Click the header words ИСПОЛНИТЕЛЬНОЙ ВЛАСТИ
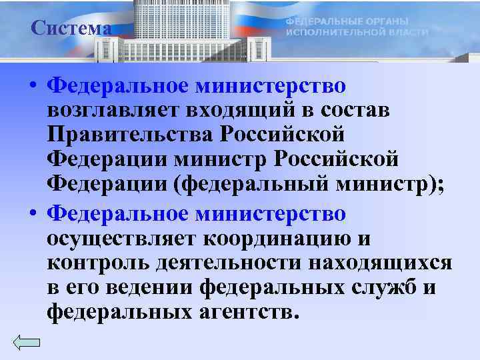(357, 32)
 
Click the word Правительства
(126, 135)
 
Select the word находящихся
(380, 263)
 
